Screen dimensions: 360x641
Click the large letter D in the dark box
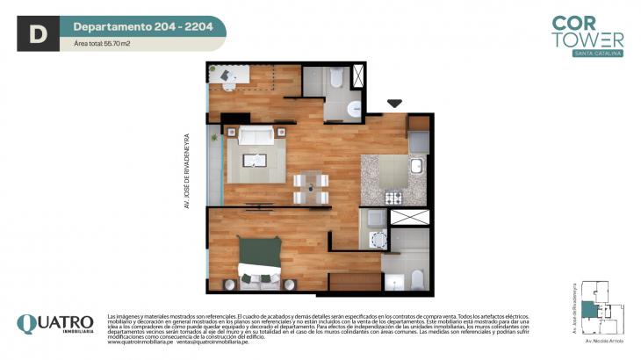point(37,34)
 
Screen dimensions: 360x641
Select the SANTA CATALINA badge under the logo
point(598,54)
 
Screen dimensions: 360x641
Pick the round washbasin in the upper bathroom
point(353,109)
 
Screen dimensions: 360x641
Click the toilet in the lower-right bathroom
point(417,279)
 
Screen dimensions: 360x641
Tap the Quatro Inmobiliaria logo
point(54,325)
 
